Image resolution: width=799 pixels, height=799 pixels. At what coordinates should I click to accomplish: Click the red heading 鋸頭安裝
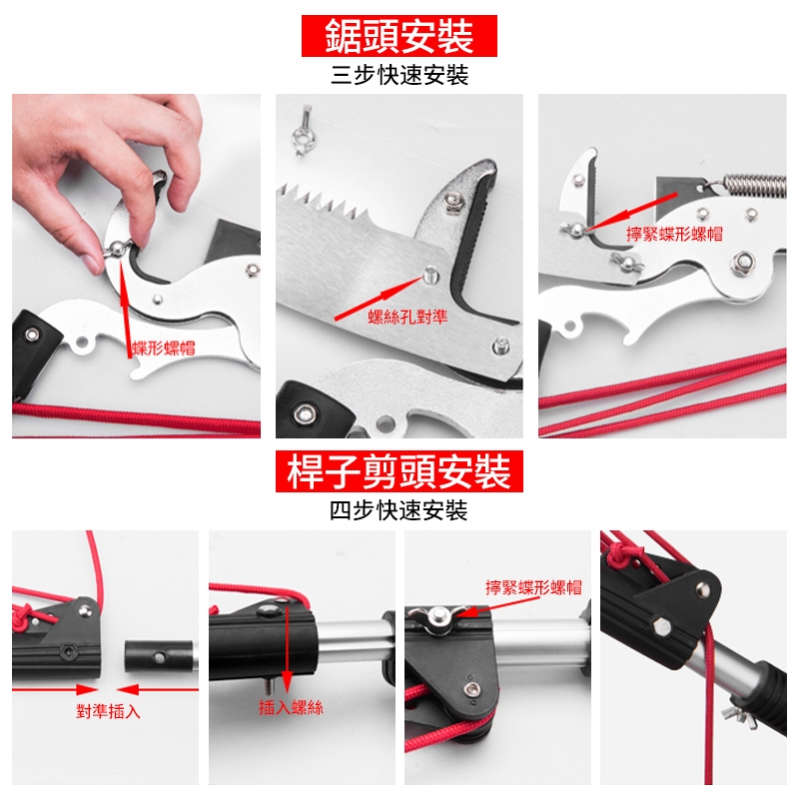[399, 36]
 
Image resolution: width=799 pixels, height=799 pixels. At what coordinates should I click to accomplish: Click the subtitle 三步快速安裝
[399, 76]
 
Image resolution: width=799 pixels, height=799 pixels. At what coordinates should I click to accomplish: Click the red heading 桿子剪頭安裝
[399, 471]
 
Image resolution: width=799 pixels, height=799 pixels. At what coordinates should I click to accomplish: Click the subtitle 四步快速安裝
[399, 510]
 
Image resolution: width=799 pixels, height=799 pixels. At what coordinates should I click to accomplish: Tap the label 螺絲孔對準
[407, 317]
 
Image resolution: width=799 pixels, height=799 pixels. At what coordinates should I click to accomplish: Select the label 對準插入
[108, 711]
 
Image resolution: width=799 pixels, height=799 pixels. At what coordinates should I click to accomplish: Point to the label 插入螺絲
[291, 707]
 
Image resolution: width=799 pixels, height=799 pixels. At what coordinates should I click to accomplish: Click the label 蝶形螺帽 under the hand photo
[164, 349]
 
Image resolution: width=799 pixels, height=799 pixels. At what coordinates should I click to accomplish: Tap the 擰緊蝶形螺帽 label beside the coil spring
[674, 234]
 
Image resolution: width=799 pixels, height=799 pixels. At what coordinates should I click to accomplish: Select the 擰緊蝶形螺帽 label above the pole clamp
[533, 587]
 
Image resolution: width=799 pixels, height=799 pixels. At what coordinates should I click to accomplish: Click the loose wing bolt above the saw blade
[304, 131]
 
